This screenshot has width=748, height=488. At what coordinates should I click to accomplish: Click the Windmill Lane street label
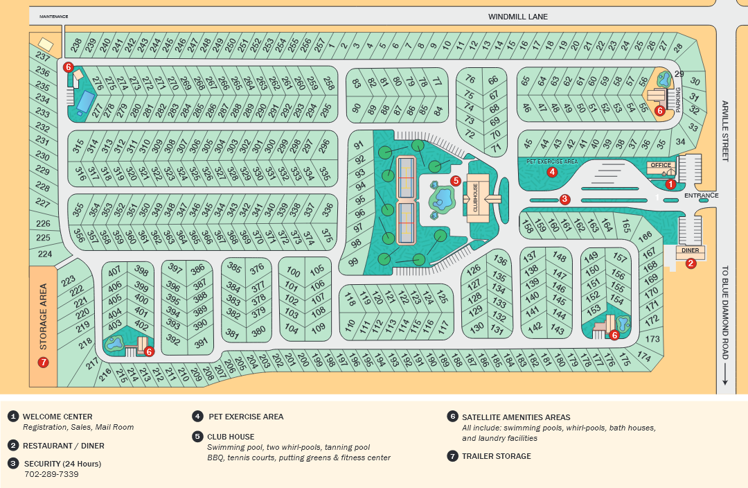pos(517,16)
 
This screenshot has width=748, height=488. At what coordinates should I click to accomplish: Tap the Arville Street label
pos(725,130)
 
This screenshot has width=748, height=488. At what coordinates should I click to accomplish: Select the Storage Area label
pos(43,316)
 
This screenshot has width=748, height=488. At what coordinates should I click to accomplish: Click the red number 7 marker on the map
pos(43,362)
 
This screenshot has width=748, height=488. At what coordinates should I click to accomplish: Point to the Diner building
pos(690,250)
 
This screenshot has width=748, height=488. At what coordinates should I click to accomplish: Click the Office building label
pos(661,165)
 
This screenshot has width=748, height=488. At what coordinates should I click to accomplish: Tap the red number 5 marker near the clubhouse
pos(455,180)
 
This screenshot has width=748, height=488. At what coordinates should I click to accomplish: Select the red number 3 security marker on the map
pos(564,200)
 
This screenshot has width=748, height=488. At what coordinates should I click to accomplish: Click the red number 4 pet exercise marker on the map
pos(552,172)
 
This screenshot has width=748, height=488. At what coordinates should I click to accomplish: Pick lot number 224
pos(45,254)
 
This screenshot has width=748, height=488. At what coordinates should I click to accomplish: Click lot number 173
pos(652,339)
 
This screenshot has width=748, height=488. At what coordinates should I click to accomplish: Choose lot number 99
pos(354,262)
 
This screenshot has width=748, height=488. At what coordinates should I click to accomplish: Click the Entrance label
pos(701,195)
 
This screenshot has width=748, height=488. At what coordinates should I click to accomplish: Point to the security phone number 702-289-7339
pos(51,474)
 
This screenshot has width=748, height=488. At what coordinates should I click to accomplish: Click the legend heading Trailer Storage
pos(497,456)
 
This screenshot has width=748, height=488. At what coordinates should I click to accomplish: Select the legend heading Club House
pos(231,437)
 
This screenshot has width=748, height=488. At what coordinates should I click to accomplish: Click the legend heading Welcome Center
pos(57,417)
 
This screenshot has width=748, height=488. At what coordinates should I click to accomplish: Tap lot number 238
pos(76,46)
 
